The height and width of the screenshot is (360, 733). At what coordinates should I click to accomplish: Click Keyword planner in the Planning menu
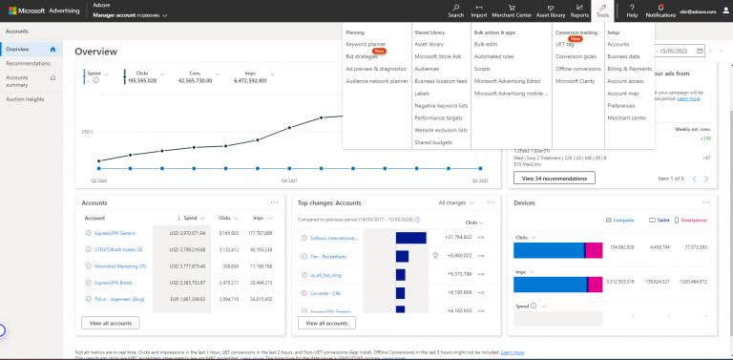coord(366,44)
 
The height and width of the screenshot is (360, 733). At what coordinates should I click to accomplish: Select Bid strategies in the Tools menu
coord(363,56)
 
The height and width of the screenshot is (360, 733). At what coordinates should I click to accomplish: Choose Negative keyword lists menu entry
coord(441,105)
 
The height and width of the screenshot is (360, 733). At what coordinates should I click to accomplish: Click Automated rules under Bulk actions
coord(493,69)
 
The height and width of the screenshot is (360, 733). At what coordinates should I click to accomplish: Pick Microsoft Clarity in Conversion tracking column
coord(576,81)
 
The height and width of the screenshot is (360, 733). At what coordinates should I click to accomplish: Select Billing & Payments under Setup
coord(629,69)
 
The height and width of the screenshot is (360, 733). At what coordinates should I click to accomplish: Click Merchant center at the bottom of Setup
coord(627,117)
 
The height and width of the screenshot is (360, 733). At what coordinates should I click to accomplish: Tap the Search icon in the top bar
coord(455,11)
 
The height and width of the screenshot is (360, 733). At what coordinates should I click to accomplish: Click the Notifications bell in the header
coord(660,11)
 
